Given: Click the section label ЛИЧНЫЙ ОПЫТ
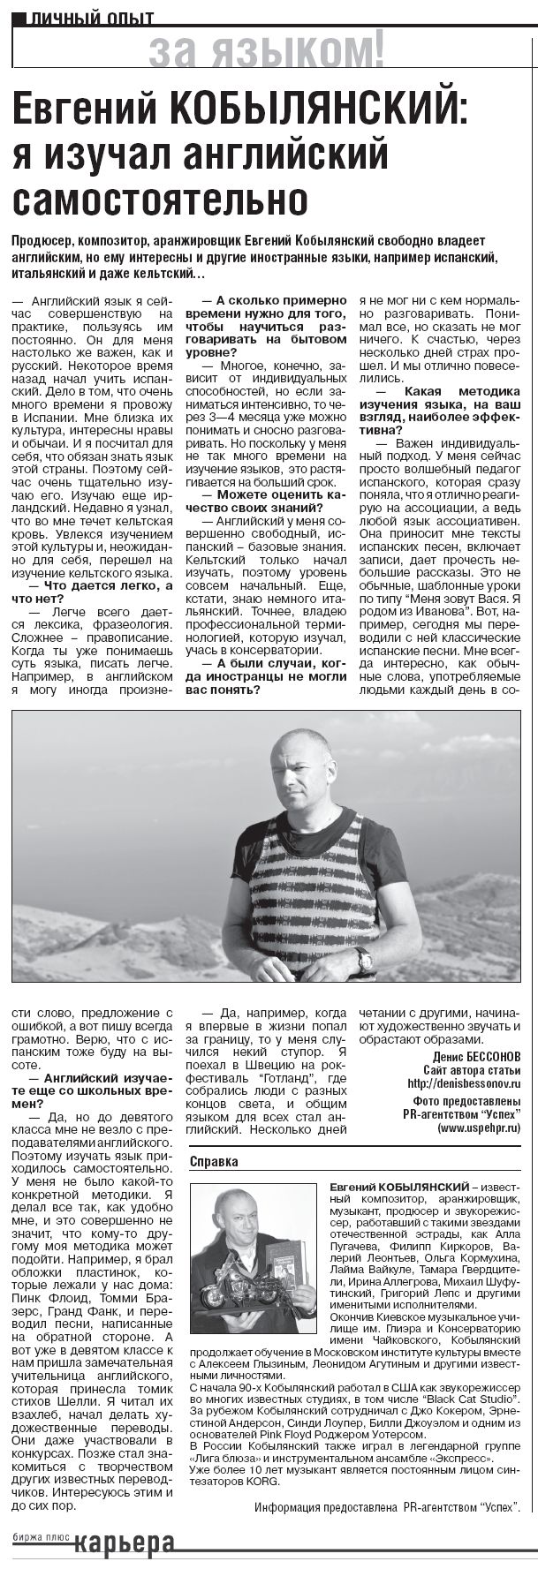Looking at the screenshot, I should tap(92, 17).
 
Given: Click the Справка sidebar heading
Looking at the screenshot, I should tap(214, 1161).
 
